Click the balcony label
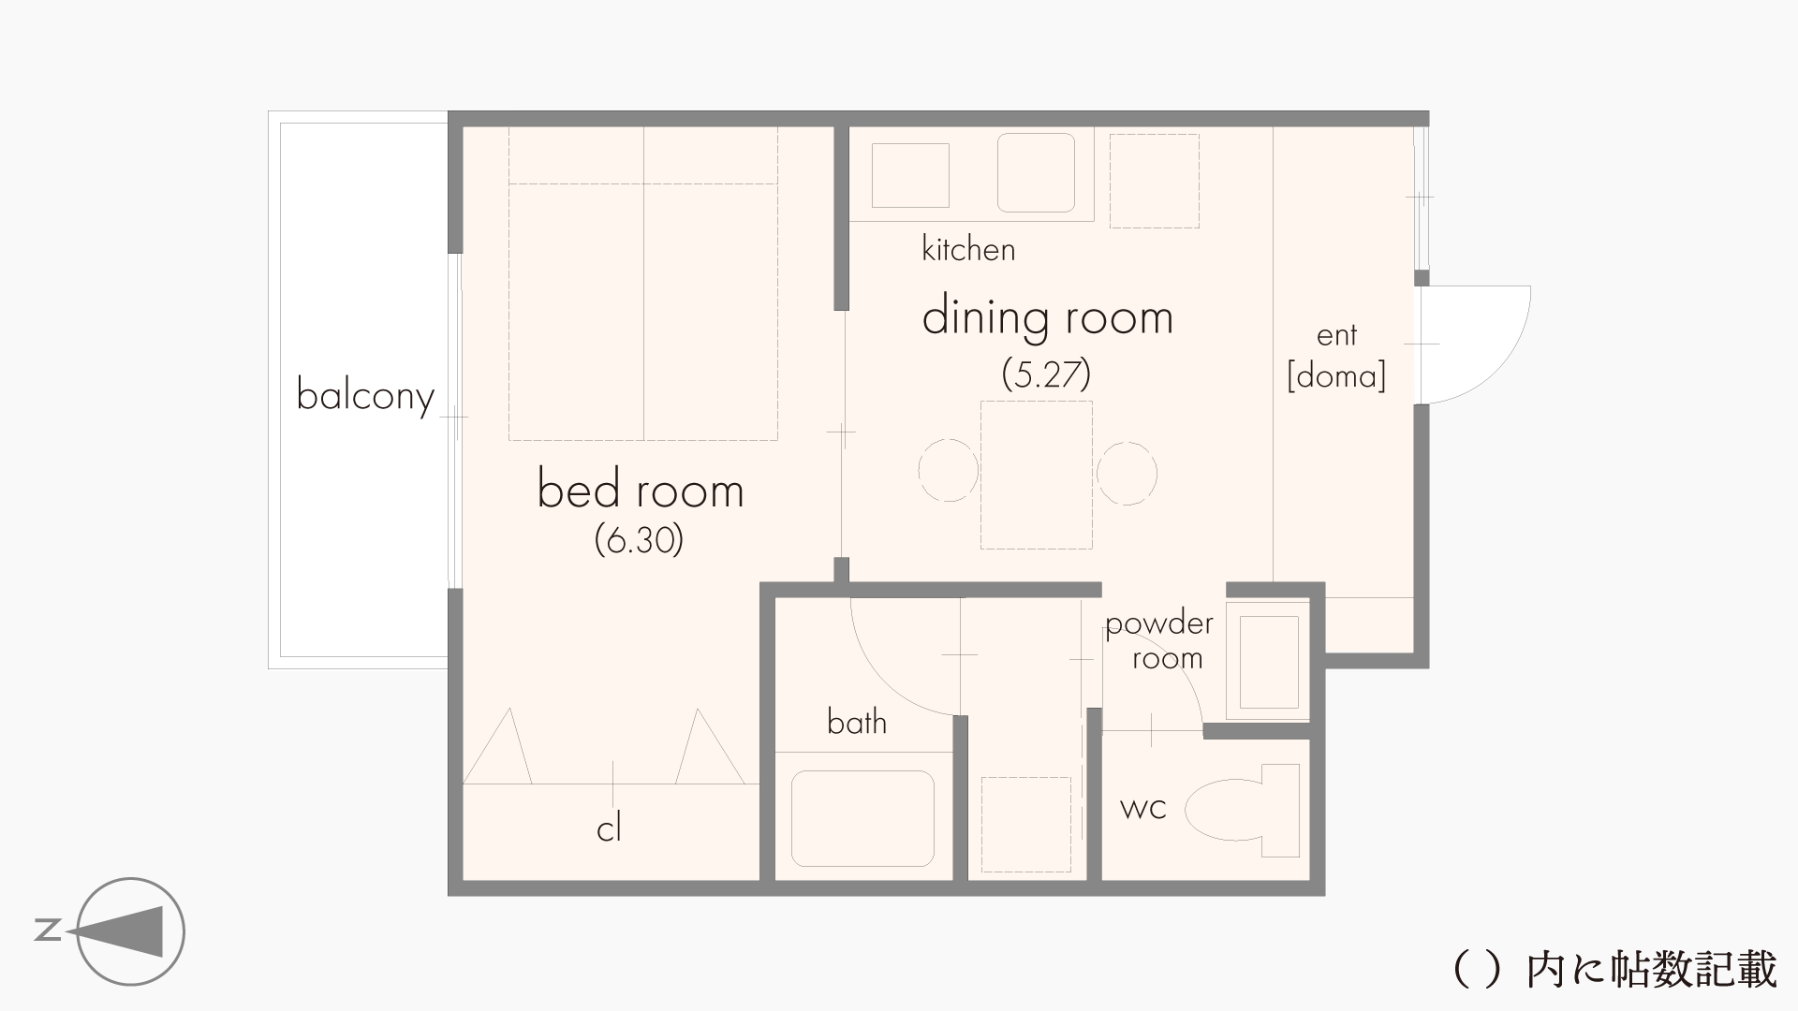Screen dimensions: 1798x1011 tap(365, 396)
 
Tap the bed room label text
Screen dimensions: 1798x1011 tap(641, 490)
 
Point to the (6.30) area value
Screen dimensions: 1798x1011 tap(640, 540)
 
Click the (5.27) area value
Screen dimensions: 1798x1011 tap(1047, 374)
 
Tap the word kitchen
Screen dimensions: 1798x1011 tap(968, 249)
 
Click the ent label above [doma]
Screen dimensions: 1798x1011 tap(1336, 335)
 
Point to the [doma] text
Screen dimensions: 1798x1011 tap(1336, 376)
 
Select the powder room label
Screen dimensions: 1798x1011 tap(1160, 641)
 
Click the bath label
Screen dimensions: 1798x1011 tap(857, 722)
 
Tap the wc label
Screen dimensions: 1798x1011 tap(1143, 808)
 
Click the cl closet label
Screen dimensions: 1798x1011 tap(609, 828)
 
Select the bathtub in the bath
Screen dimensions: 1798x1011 tap(862, 818)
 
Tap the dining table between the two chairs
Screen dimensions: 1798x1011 tap(1037, 475)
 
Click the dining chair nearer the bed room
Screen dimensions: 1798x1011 tap(948, 471)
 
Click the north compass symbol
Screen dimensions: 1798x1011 tap(129, 931)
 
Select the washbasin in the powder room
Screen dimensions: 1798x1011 tap(1269, 662)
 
